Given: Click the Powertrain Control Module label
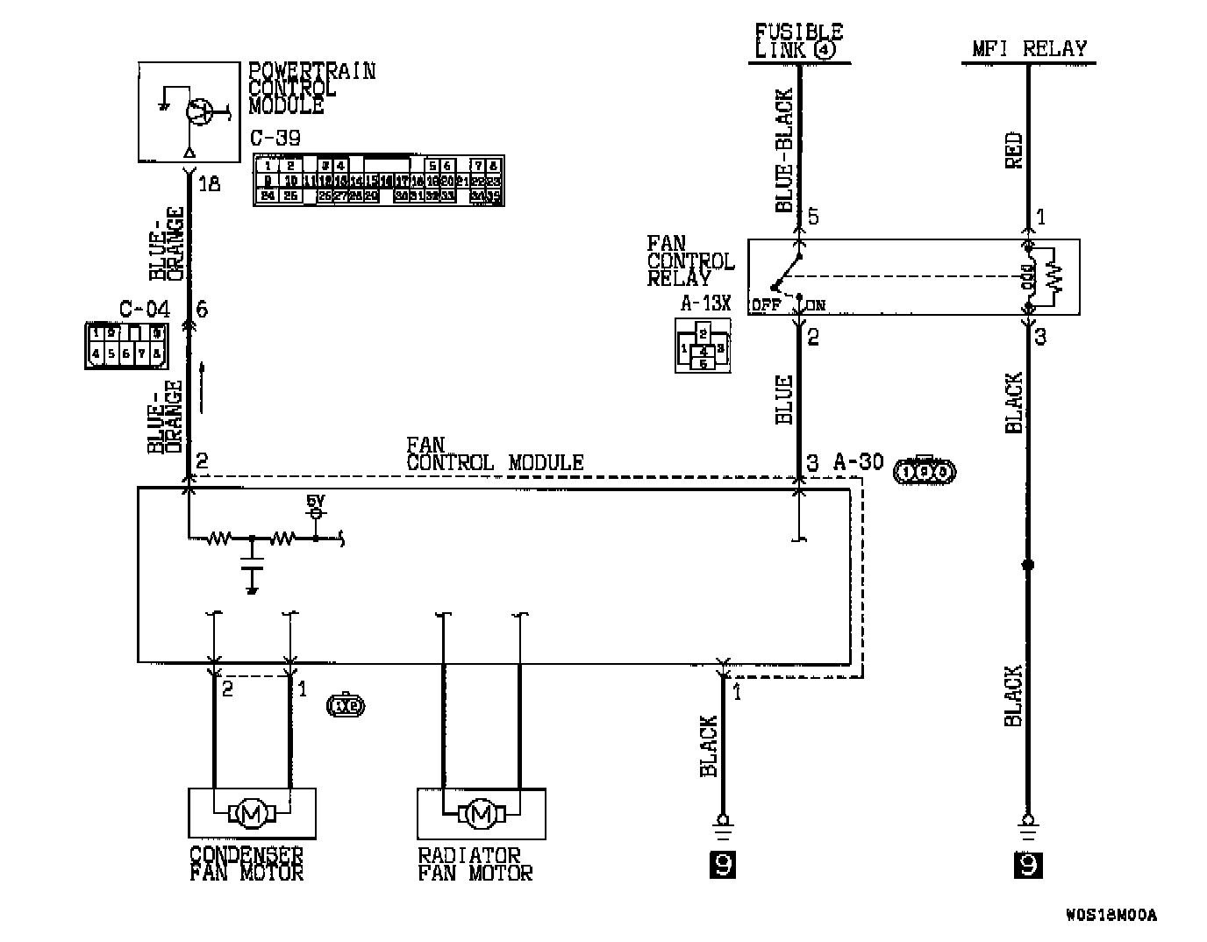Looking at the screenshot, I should click(x=311, y=88).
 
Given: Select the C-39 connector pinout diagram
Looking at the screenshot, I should click(x=378, y=180).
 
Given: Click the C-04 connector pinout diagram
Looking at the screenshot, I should click(x=126, y=345).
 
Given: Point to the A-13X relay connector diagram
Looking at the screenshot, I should click(x=703, y=345).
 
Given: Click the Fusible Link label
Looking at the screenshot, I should click(x=797, y=41).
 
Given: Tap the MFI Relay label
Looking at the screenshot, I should click(x=1029, y=48).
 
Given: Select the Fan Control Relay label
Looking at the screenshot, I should click(x=690, y=260).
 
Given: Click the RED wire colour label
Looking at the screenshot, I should click(x=1013, y=151).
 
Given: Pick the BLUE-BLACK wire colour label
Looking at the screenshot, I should click(x=783, y=150).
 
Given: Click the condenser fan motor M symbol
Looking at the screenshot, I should click(x=252, y=814).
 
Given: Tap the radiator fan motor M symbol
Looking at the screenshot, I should click(x=481, y=814).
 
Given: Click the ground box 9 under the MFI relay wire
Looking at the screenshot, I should click(x=1028, y=865).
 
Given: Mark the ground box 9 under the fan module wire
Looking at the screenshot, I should click(x=722, y=865).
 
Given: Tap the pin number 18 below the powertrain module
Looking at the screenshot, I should click(x=209, y=184).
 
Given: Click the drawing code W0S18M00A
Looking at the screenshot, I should click(x=1111, y=916).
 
